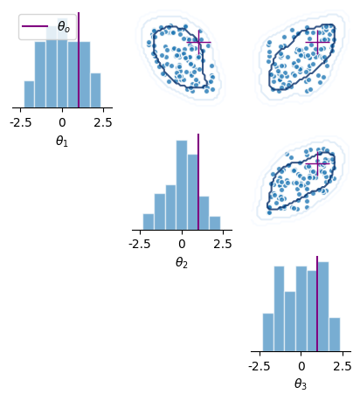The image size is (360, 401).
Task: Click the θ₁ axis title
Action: click(x=62, y=142)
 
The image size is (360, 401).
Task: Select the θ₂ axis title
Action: click(x=182, y=263)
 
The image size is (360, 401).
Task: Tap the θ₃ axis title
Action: click(x=301, y=384)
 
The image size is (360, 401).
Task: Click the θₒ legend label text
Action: click(x=64, y=26)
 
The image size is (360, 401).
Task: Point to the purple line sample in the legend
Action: click(x=35, y=26)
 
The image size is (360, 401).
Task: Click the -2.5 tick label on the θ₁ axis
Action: click(x=20, y=122)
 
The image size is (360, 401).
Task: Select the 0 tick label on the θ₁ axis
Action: click(x=62, y=122)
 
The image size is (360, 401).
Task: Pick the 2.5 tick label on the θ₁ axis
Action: click(x=103, y=122)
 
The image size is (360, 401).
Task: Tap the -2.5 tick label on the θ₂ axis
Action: click(x=140, y=244)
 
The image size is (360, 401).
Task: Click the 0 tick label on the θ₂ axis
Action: click(x=182, y=244)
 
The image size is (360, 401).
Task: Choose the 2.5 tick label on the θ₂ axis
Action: click(x=223, y=244)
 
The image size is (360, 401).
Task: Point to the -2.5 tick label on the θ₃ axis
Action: click(x=260, y=366)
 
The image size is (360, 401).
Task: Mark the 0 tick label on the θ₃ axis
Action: click(x=301, y=366)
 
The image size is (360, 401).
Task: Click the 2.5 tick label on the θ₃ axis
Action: click(x=343, y=366)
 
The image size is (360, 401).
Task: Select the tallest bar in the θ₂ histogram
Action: click(x=182, y=185)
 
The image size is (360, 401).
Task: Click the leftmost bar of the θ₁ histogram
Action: click(x=29, y=94)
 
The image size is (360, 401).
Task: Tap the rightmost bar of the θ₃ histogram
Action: click(x=335, y=335)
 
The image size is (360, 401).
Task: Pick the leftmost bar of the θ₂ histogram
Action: click(x=149, y=222)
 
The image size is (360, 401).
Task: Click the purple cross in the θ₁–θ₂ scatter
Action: click(x=199, y=42)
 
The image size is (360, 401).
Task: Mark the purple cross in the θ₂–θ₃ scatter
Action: click(x=317, y=164)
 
